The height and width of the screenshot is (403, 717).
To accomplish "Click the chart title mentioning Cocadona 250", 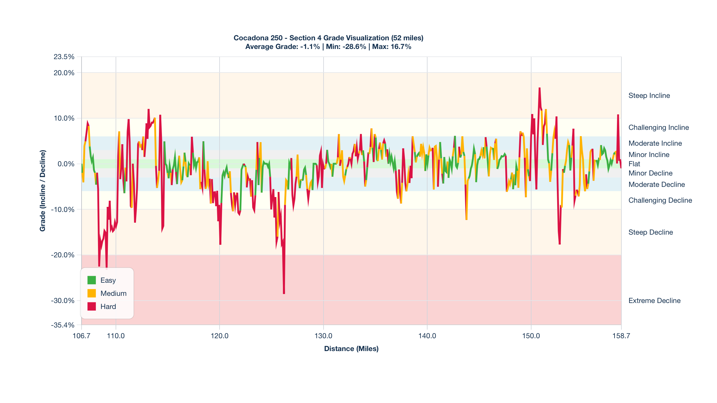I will point(328,38).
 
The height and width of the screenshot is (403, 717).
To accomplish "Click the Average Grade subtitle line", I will point(328,47).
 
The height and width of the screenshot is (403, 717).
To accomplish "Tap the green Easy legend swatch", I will point(92,280).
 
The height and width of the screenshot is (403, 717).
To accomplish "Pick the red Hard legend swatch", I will point(92,307).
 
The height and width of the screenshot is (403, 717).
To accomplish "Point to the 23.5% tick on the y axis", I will point(64,57).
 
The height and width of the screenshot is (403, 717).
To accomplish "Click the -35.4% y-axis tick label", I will point(62,325).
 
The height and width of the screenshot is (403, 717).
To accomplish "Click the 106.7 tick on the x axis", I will point(81,336).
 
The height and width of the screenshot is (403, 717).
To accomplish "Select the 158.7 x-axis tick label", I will point(621,336).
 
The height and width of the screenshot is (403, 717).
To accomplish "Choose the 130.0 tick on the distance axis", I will point(323,336).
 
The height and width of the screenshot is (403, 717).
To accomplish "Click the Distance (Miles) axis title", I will point(351,349).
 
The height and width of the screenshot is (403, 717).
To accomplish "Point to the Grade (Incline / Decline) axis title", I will point(43,191).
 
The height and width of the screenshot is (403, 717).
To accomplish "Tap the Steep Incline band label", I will point(649,96).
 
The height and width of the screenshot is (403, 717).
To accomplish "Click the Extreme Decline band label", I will point(654,301).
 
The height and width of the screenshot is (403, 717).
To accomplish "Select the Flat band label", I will point(634,164).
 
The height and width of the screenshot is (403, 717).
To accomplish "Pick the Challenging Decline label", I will point(660,200).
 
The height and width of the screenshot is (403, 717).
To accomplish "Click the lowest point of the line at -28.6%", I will point(284,294).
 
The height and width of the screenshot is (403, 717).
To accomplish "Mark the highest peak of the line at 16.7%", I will point(540,88).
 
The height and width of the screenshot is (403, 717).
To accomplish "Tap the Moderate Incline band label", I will point(655,143).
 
